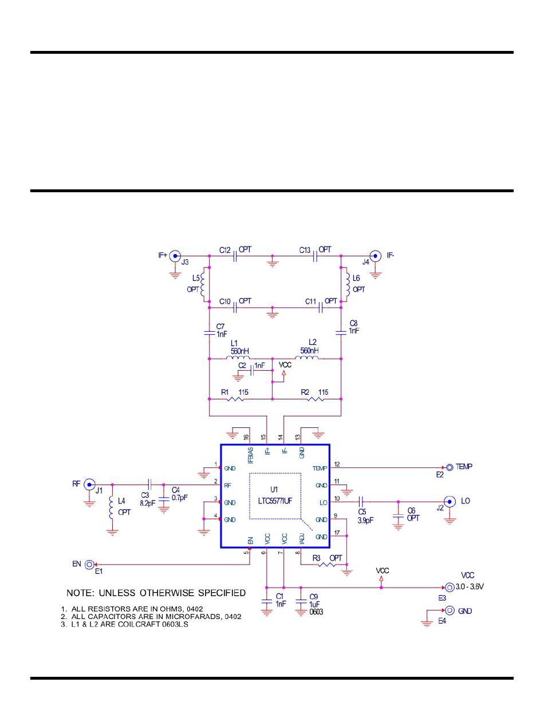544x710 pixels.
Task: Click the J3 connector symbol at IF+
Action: pos(175,256)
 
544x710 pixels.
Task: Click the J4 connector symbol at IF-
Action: pos(375,256)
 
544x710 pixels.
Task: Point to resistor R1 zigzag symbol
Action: pos(235,398)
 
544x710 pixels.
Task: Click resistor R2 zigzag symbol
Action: pos(316,398)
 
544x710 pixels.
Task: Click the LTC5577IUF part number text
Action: pos(275,500)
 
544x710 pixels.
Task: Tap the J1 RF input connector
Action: pos(89,485)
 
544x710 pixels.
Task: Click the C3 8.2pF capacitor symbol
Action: pos(149,485)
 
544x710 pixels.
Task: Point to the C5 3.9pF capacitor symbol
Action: pos(361,502)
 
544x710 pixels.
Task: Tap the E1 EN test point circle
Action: pos(90,564)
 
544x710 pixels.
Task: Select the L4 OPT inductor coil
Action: pos(112,507)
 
